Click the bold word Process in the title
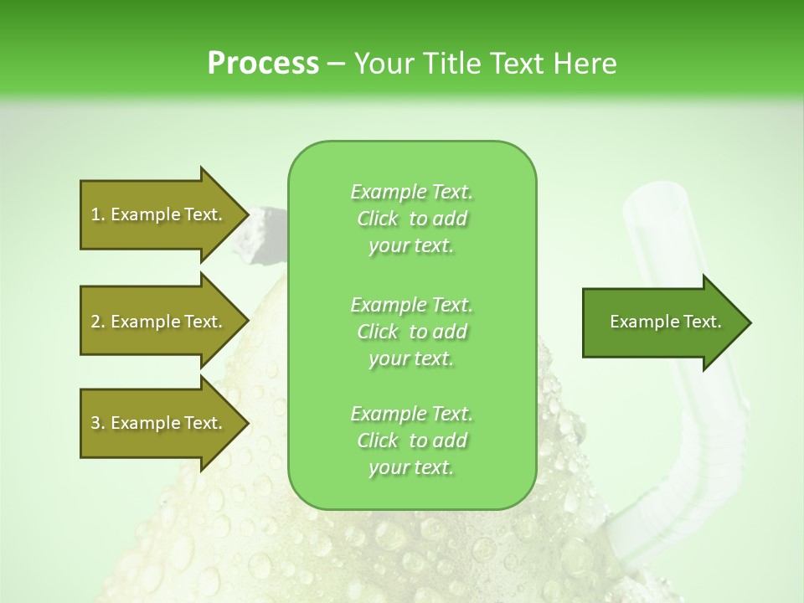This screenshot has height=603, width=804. click(263, 64)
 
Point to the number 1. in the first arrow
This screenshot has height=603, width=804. click(97, 214)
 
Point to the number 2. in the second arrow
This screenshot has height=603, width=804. click(97, 322)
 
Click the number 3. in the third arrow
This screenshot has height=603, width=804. click(97, 423)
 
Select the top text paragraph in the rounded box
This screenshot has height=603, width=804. click(411, 219)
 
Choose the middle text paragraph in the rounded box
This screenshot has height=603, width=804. click(411, 332)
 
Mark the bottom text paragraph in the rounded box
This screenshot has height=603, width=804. click(411, 441)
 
